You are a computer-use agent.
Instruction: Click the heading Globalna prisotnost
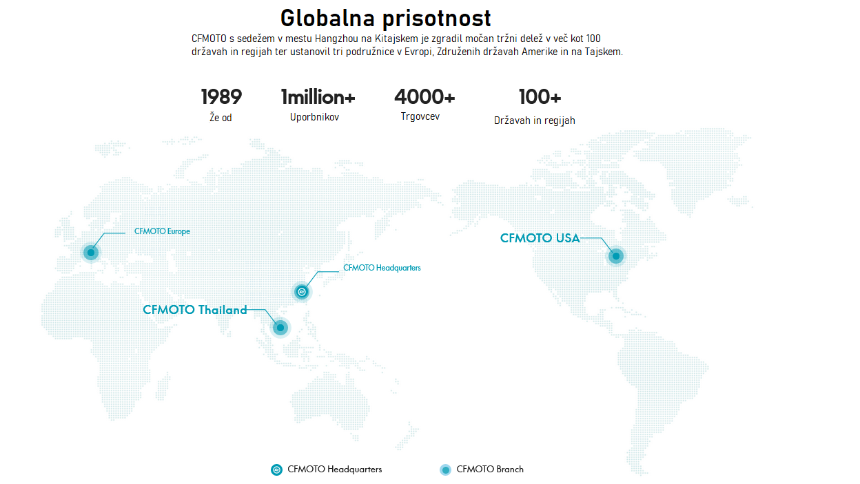[x=386, y=17]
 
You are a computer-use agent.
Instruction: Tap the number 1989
[x=221, y=97]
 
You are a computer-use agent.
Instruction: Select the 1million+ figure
[x=318, y=97]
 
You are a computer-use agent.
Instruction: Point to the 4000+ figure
[x=424, y=97]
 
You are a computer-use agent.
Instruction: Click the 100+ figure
[x=540, y=97]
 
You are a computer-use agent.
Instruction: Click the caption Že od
[x=221, y=118]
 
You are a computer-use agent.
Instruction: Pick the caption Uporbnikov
[x=314, y=117]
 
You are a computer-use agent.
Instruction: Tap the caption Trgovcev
[x=420, y=116]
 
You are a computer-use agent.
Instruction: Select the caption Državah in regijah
[x=535, y=120]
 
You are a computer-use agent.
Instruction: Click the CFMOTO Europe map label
[x=162, y=231]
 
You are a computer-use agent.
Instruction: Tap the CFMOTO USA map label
[x=540, y=238]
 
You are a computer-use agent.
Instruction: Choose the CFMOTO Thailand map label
[x=195, y=310]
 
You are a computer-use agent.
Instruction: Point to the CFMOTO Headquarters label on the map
[x=382, y=268]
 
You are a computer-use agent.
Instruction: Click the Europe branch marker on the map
[x=91, y=253]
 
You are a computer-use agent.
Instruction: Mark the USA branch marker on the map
[x=616, y=256]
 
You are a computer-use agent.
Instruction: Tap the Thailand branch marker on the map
[x=280, y=327]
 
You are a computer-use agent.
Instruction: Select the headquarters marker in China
[x=302, y=292]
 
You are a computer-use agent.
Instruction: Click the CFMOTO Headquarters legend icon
[x=277, y=470]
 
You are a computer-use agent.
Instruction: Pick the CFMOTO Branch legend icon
[x=445, y=470]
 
